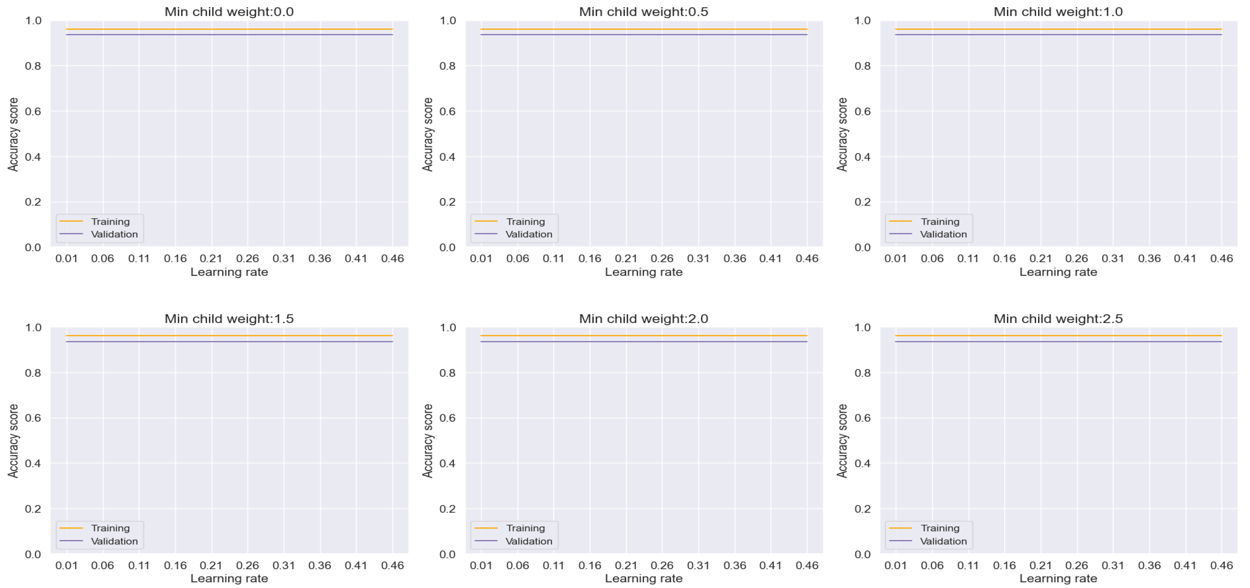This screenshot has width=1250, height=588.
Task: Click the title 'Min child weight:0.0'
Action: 229,12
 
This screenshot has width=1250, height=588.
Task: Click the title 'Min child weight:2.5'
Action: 1058,318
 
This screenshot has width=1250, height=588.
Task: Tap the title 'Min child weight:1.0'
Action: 1058,12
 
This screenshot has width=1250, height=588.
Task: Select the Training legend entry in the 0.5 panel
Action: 525,221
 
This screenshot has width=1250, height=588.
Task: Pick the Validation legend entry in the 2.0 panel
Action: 528,541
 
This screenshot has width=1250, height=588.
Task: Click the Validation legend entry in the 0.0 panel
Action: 114,234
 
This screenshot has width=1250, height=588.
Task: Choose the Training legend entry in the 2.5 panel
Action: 940,528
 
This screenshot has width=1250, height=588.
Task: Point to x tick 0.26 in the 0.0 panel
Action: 247,258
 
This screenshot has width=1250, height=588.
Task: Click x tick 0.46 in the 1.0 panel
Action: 1221,258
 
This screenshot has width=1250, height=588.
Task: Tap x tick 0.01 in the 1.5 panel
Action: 66,565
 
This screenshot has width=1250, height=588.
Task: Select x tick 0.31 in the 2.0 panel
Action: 698,565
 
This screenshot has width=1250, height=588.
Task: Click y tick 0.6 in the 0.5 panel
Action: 447,111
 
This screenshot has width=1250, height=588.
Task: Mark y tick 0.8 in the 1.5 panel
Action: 33,373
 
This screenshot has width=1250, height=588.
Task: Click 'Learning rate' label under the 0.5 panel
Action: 643,272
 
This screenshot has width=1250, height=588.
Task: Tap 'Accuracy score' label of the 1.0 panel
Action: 842,134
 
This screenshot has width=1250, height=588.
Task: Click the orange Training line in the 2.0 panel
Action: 643,336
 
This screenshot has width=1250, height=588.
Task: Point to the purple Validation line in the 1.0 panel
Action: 1058,35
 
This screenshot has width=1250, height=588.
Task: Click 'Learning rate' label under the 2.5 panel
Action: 1058,578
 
